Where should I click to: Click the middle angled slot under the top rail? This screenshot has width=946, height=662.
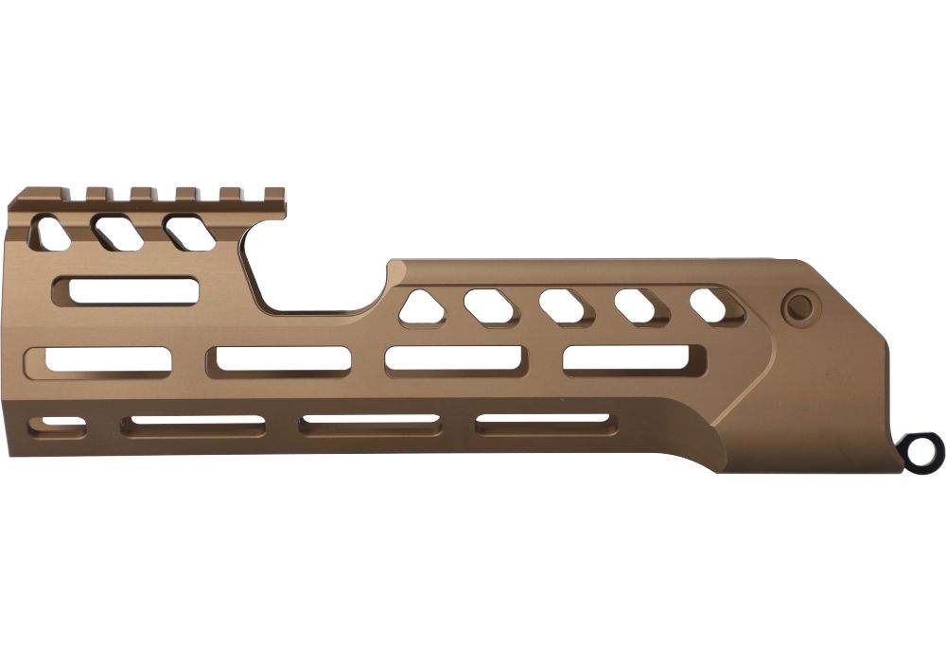[x=115, y=232]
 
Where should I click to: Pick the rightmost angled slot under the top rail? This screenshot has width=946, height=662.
[x=189, y=232]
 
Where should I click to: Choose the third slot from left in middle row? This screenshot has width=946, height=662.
[x=455, y=360]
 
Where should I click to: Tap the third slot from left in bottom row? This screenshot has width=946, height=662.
[x=370, y=424]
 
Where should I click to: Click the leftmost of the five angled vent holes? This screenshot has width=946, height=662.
[x=423, y=308]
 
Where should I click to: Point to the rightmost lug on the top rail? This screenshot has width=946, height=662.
[x=273, y=195]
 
